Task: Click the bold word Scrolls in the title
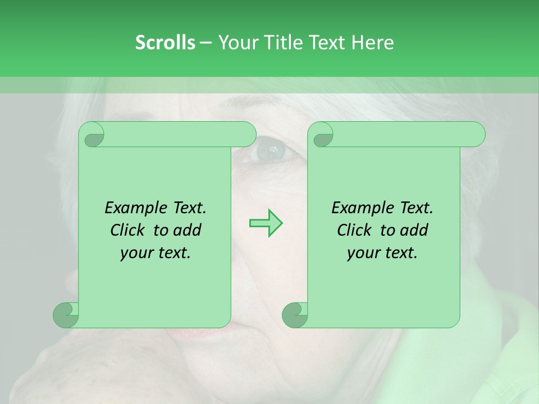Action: pos(165,43)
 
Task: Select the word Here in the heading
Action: pos(372,43)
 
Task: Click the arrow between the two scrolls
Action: pos(266,223)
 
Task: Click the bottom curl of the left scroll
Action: pos(66,315)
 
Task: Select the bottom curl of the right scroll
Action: pos(295,315)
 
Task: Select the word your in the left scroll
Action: pos(135,253)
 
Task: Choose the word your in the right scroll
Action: pos(362,253)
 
